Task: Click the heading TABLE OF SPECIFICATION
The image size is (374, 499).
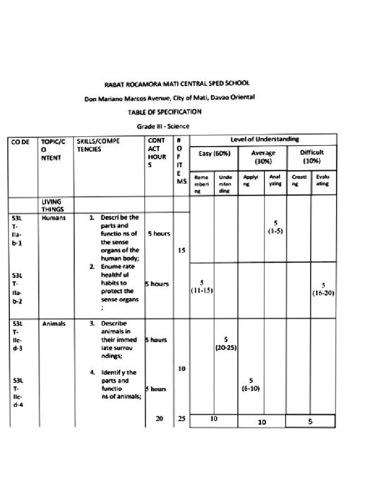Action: coord(165,112)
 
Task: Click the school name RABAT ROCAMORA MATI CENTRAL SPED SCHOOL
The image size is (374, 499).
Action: coord(170,84)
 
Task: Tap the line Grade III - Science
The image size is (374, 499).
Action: coord(163,126)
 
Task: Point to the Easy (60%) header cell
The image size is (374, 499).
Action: coord(214,153)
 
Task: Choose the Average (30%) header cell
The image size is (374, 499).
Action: coord(263,157)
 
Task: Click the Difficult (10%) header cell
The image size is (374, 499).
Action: coord(312,157)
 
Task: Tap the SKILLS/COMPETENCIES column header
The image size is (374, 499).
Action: coord(98,145)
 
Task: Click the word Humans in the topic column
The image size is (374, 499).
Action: coord(50,218)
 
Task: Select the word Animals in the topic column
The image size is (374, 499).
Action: coord(51,323)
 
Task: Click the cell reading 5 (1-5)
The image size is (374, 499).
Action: coord(275,227)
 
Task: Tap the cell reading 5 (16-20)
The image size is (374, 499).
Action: coord(323,289)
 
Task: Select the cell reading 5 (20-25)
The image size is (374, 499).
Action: coord(226,343)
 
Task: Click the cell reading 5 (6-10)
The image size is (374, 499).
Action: coord(251,384)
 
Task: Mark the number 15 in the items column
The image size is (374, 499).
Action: coord(181,251)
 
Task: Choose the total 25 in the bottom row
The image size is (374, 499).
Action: coord(182,419)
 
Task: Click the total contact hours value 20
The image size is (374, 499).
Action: coord(159,419)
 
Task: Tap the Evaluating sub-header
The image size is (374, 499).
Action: coord(323,181)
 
